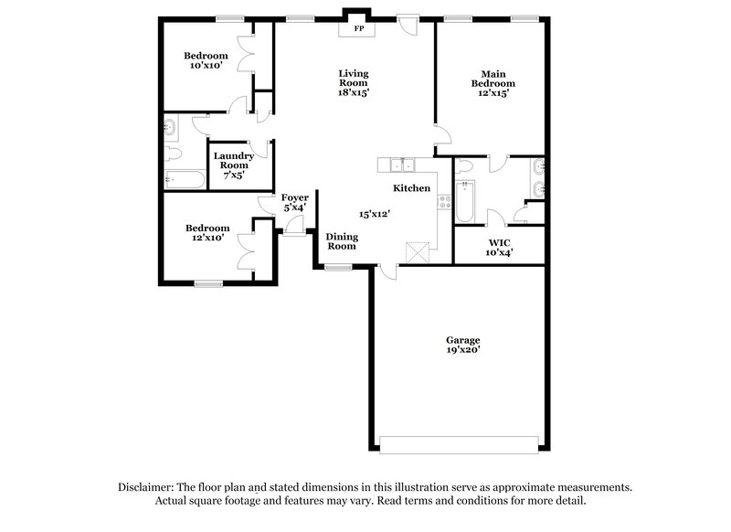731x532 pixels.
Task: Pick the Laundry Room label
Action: tap(234, 161)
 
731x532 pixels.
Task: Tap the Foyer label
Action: tap(293, 197)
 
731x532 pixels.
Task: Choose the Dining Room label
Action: tap(342, 240)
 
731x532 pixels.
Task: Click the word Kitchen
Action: tap(411, 188)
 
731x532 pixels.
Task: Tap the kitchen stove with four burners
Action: tap(445, 202)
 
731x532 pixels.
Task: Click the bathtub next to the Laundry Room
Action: tap(185, 179)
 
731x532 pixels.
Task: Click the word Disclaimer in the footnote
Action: tap(148, 488)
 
